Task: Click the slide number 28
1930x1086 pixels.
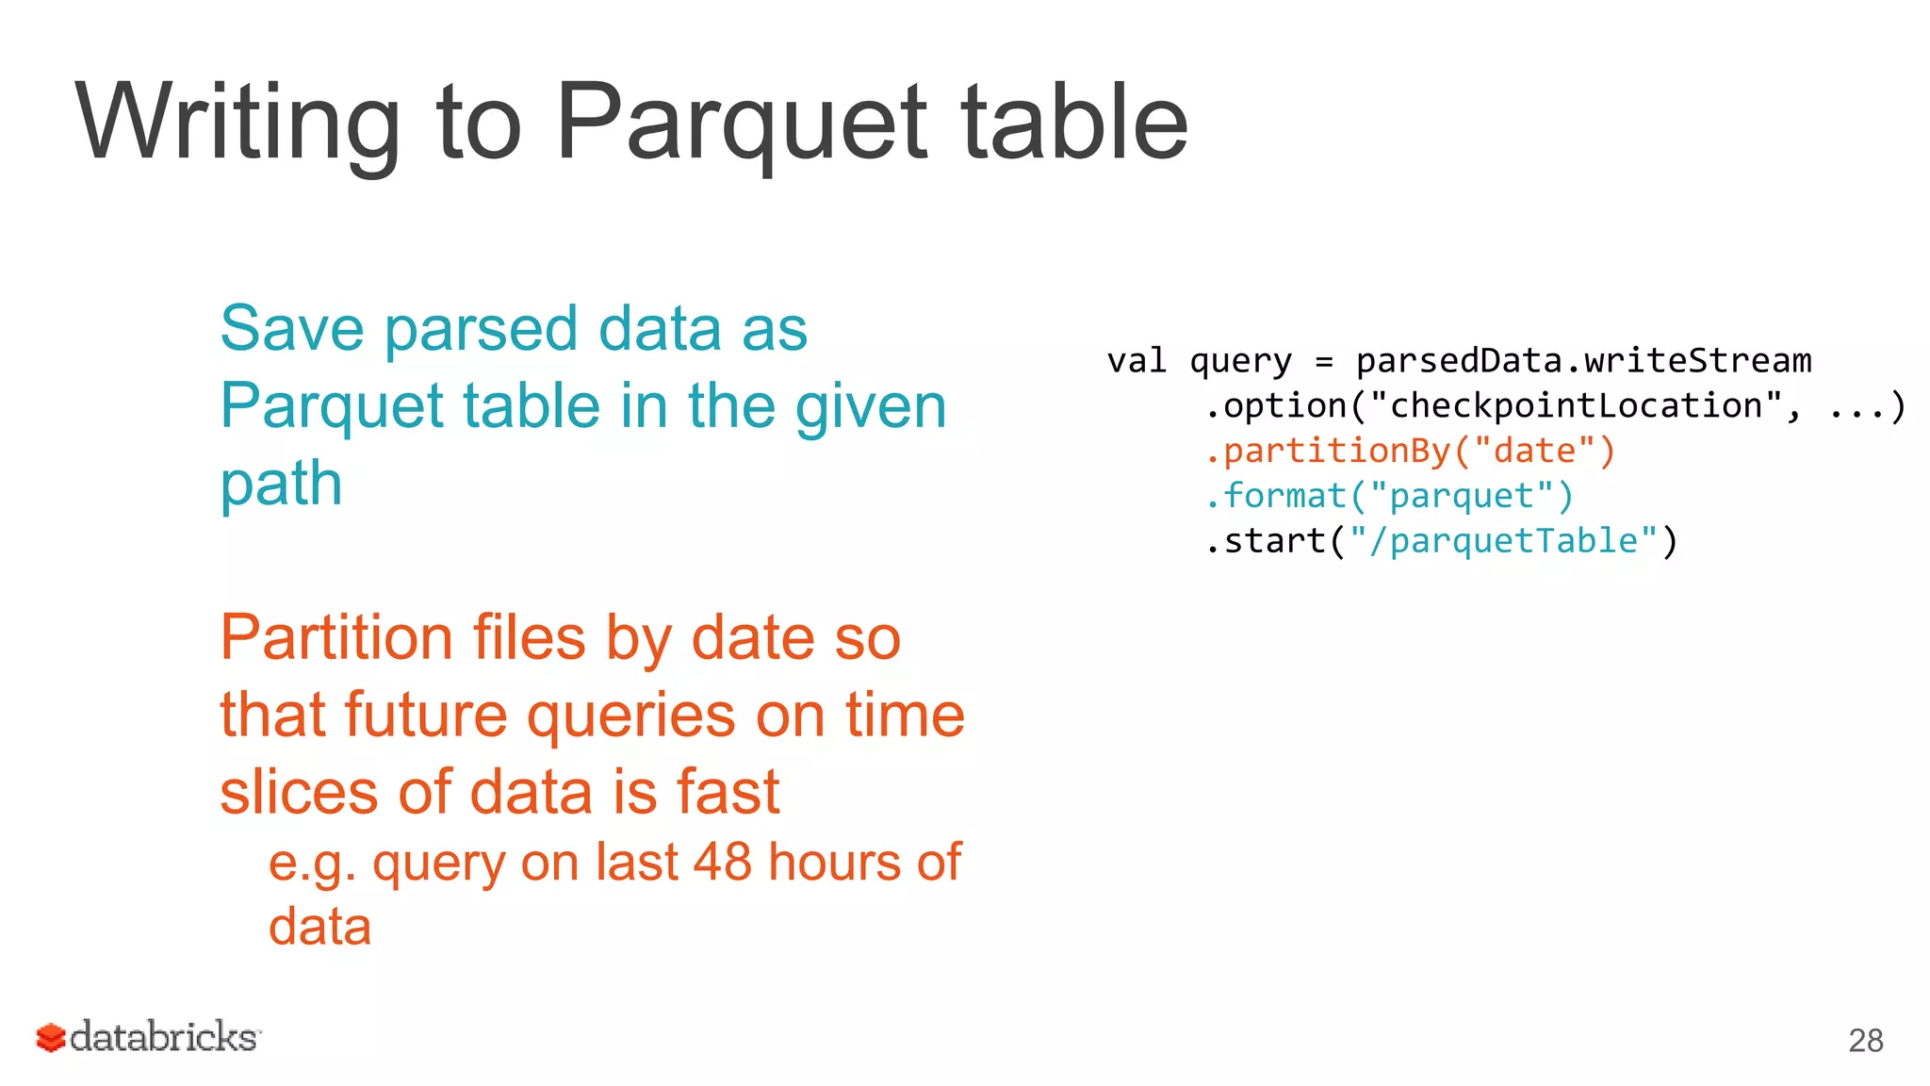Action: tap(1865, 1040)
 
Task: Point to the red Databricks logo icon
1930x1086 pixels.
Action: tap(51, 1038)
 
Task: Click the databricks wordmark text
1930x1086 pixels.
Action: tap(164, 1037)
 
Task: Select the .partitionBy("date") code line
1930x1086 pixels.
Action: tap(1410, 451)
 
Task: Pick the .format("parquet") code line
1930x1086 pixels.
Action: tap(1389, 496)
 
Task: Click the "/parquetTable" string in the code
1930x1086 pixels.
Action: tap(1503, 541)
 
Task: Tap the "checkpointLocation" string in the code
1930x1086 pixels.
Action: tap(1576, 406)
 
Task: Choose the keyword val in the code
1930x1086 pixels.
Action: tap(1137, 361)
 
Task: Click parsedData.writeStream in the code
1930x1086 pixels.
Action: tap(1583, 361)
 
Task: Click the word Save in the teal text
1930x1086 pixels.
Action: tap(292, 329)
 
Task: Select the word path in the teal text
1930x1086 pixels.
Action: tap(281, 485)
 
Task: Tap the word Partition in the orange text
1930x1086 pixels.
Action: tap(336, 638)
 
